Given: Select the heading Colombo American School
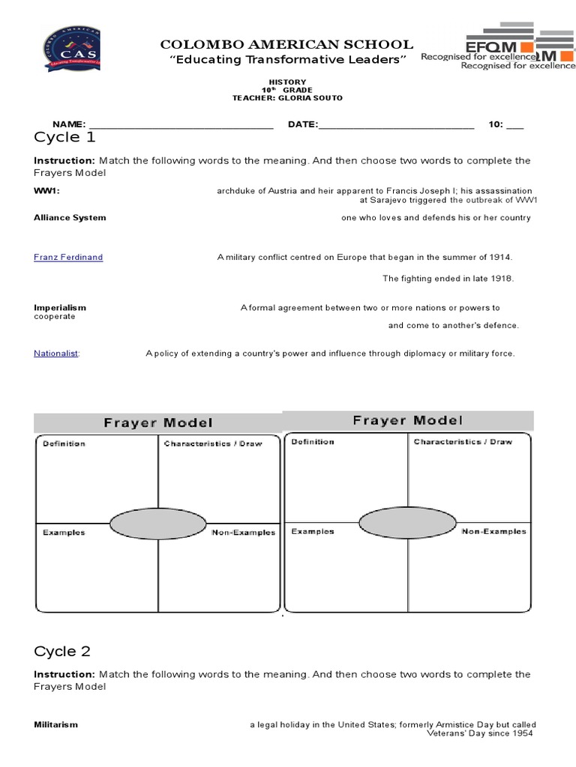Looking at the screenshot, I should (x=286, y=45).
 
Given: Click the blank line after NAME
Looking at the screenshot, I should (x=181, y=125).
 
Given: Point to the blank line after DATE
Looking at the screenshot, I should (x=397, y=125).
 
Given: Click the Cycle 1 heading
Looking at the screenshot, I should (x=64, y=137).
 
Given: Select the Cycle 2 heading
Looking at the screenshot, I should (x=62, y=651).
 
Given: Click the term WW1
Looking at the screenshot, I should (x=46, y=191).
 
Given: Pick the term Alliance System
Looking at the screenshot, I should (x=70, y=218).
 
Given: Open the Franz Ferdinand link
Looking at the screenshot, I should (x=68, y=257).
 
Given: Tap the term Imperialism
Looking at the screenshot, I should (x=60, y=308).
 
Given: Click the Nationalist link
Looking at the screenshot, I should (x=56, y=354).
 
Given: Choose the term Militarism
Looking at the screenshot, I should (x=55, y=725).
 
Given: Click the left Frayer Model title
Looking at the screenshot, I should (x=157, y=423).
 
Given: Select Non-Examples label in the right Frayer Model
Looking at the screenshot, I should (x=493, y=532).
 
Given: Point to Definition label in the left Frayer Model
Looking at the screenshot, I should (x=64, y=443).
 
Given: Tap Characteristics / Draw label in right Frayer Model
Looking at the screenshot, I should (x=463, y=442).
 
